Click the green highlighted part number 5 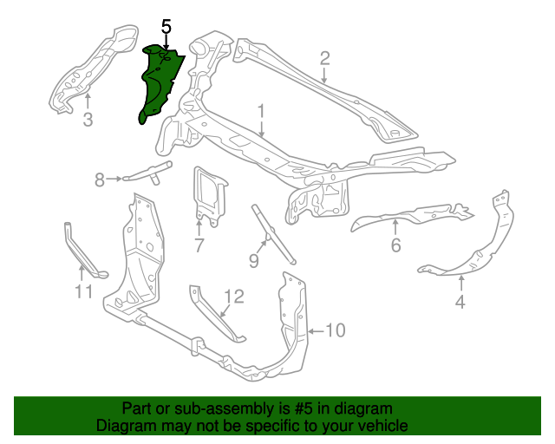click(x=159, y=82)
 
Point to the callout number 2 click(x=325, y=59)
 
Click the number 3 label click(x=88, y=120)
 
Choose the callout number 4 click(x=460, y=302)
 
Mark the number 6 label click(x=395, y=245)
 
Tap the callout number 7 click(x=199, y=245)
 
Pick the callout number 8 click(x=100, y=180)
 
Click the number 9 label click(x=254, y=260)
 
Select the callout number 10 click(x=335, y=330)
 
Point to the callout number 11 click(x=83, y=292)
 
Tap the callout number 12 click(x=234, y=297)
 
